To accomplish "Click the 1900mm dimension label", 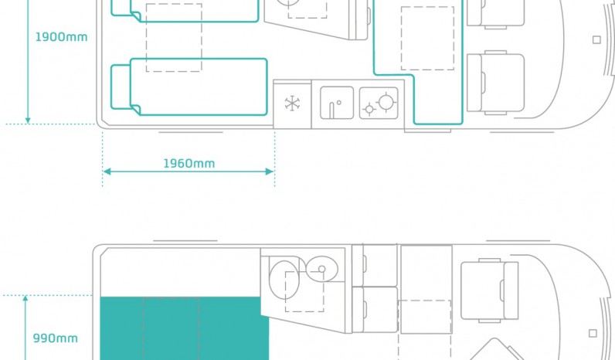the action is [61, 37].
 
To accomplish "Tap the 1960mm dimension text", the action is [189, 164].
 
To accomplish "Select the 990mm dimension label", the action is [56, 338].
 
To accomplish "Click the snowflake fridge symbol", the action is [292, 104].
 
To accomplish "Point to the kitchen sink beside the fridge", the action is [337, 103].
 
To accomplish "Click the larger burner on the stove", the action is [386, 102].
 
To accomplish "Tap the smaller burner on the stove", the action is [369, 109].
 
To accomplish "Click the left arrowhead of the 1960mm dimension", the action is [107, 172].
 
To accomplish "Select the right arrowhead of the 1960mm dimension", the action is [270, 172].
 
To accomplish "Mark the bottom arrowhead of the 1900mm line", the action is [28, 120].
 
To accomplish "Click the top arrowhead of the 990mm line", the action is [25, 300].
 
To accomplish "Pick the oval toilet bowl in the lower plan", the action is [284, 280].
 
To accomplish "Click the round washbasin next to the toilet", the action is [321, 269].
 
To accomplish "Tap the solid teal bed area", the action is [185, 328].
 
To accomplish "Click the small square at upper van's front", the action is [596, 39].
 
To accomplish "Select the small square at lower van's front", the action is [593, 333].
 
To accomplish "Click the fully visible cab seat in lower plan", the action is [490, 290].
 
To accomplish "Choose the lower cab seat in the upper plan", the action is [496, 83].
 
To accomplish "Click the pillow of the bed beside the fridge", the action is [121, 87].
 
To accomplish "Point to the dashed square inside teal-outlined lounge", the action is [427, 38].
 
